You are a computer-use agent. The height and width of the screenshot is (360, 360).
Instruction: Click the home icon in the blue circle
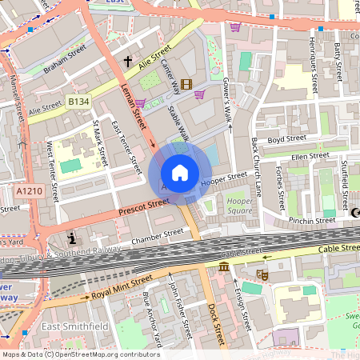[x=180, y=173]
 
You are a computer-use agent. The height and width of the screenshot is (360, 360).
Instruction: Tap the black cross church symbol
[x=127, y=61]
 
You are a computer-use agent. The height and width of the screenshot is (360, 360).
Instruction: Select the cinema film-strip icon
[x=186, y=84]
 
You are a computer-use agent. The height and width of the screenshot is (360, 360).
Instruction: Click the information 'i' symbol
[x=73, y=238]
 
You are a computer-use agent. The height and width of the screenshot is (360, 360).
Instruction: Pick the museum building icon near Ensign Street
[x=223, y=266]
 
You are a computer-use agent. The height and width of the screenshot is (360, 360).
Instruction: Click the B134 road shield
[x=78, y=102]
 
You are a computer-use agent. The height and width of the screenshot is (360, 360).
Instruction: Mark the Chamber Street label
[x=157, y=235]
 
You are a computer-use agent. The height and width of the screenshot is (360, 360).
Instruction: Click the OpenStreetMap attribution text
[x=81, y=354]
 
